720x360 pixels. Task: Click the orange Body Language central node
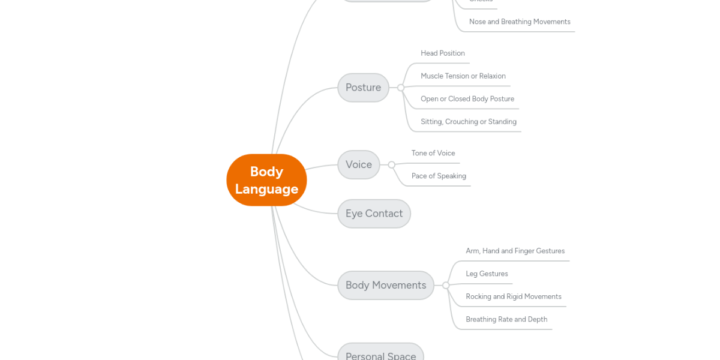click(266, 180)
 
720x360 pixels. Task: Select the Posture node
click(363, 88)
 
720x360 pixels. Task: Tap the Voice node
click(358, 164)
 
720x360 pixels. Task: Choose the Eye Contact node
click(374, 214)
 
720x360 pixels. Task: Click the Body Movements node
click(385, 285)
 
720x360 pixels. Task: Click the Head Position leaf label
click(443, 53)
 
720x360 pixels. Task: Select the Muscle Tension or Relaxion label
click(463, 76)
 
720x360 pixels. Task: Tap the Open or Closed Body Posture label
click(467, 99)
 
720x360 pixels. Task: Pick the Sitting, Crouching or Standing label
click(469, 122)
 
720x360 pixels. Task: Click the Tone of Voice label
click(433, 153)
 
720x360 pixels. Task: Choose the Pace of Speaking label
click(439, 176)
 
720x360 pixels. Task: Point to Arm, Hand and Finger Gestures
click(515, 251)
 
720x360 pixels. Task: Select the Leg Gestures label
click(487, 274)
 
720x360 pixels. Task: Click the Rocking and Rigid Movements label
click(514, 296)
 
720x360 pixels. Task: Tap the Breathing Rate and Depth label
click(506, 319)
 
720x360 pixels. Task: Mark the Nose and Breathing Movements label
click(520, 22)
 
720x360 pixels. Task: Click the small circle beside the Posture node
click(401, 88)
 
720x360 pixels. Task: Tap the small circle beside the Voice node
click(391, 164)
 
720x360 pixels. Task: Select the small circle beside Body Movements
click(446, 286)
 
